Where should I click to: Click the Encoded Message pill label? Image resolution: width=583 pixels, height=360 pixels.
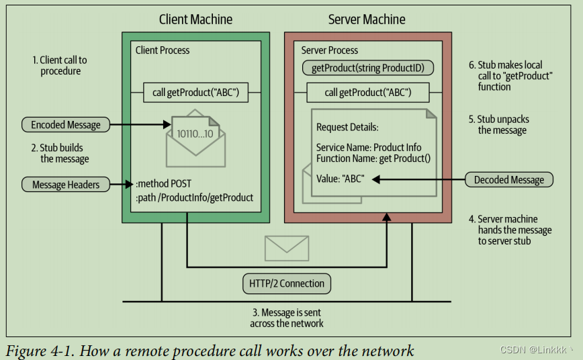[x=66, y=124]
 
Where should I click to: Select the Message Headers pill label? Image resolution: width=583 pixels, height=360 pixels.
[x=66, y=184]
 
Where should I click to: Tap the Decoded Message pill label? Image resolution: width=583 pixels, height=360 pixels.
[x=509, y=179]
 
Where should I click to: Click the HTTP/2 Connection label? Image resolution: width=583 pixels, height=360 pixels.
[x=287, y=283]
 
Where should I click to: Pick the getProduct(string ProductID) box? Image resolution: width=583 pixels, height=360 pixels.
[x=368, y=68]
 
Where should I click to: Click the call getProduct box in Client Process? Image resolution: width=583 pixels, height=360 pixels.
[x=196, y=92]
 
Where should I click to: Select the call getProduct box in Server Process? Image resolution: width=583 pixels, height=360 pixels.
[x=368, y=92]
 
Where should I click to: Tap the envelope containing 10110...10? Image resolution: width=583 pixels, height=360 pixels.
[x=195, y=138]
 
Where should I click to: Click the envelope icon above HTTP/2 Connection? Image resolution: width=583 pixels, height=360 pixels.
[x=287, y=247]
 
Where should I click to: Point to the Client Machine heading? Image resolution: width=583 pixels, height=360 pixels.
[x=195, y=19]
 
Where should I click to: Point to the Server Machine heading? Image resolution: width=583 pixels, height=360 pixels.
[x=367, y=19]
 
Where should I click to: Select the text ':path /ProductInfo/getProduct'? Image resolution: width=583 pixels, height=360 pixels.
[x=194, y=197]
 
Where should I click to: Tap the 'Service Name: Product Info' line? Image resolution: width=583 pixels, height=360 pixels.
[x=368, y=147]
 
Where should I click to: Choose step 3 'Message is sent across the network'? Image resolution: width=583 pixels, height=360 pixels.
[x=287, y=318]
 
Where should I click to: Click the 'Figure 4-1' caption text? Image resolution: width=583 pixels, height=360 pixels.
[x=210, y=351]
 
